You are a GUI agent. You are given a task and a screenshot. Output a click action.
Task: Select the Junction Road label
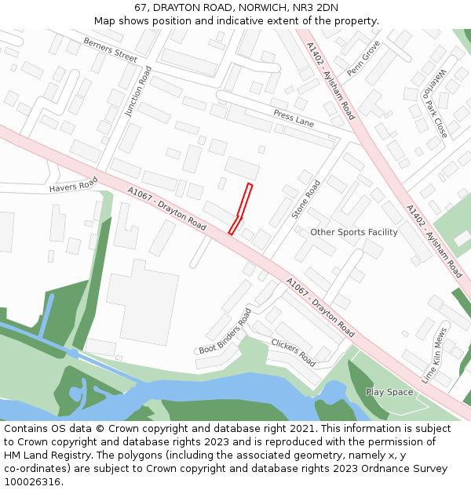[x=138, y=92]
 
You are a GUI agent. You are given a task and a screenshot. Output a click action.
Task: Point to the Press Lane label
[x=294, y=119]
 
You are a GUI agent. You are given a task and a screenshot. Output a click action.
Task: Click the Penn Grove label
[x=363, y=59]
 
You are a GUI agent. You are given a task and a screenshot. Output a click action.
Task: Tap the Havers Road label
[x=73, y=185]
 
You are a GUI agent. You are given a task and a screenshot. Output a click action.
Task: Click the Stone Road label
[x=306, y=199]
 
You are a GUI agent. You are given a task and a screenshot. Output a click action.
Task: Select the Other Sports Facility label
[x=354, y=232]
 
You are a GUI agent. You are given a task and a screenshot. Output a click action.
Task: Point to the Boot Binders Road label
[x=225, y=331]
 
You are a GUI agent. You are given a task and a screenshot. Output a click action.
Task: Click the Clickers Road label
[x=293, y=353]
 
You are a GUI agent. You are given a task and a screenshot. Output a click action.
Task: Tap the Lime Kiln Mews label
[x=435, y=354]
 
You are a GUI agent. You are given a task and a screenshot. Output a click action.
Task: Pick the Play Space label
[x=389, y=392]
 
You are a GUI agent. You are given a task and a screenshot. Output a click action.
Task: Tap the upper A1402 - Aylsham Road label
[x=331, y=81]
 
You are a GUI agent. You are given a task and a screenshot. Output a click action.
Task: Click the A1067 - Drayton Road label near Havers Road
[x=167, y=209]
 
